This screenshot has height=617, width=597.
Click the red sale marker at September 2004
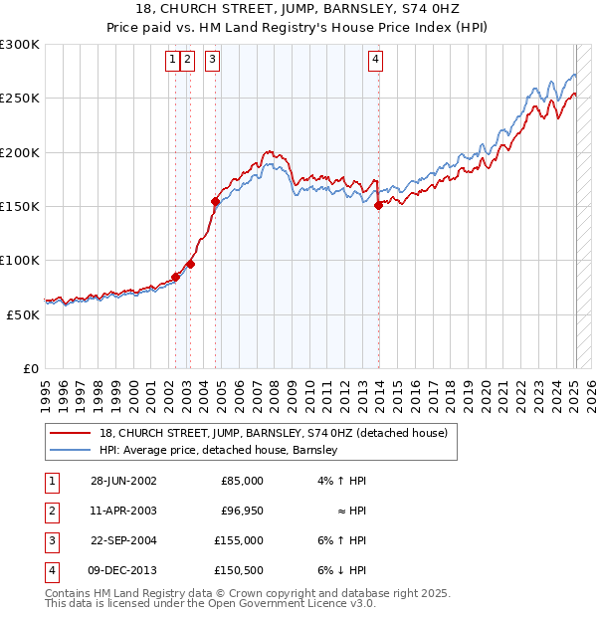(x=215, y=201)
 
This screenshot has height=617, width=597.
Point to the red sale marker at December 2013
(x=379, y=206)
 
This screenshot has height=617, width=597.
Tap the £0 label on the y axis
(x=29, y=368)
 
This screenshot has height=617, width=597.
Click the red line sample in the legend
(x=71, y=433)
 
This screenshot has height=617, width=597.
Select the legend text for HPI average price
(x=219, y=450)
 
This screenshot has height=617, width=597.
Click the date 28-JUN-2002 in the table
(x=123, y=481)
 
